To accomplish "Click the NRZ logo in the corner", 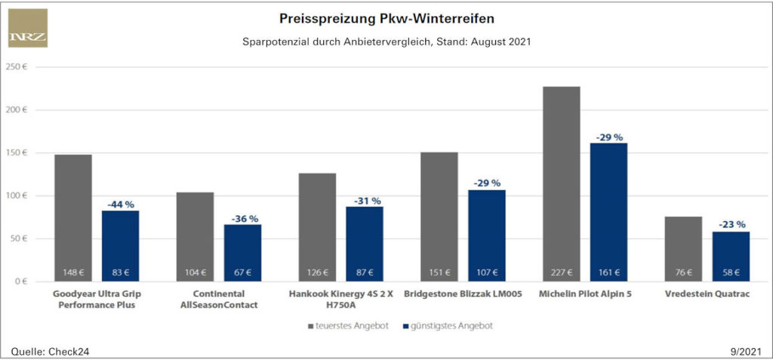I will (x=28, y=28).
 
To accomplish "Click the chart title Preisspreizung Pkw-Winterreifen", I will (x=387, y=17).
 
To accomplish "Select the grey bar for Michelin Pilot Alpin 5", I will (x=562, y=181).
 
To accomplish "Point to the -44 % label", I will (x=120, y=204).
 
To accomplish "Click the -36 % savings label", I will (x=242, y=218).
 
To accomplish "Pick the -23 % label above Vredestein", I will (x=731, y=224).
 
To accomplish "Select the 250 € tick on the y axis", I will (x=17, y=67).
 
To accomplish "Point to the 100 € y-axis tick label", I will (x=17, y=196).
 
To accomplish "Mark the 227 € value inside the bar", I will (x=561, y=272).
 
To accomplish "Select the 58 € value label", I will (x=731, y=272).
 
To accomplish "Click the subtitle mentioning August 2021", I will (x=386, y=42).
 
